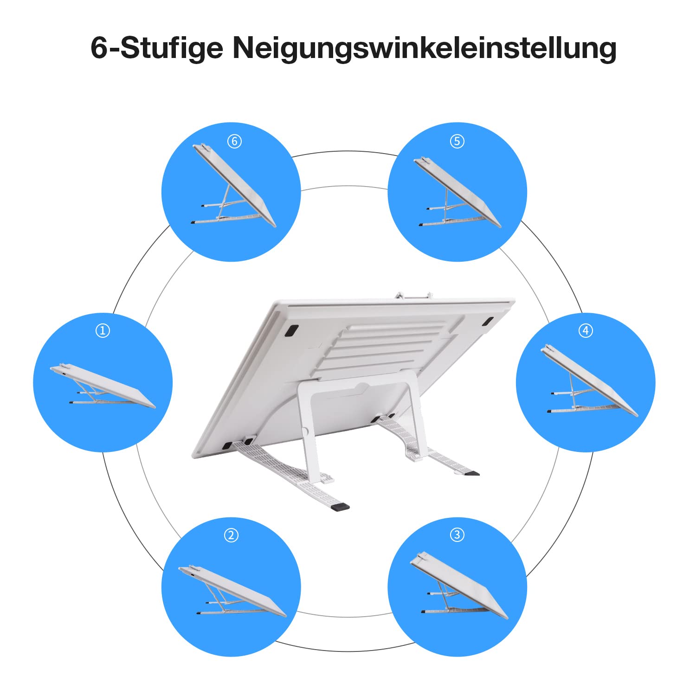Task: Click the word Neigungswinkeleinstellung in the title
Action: (x=424, y=48)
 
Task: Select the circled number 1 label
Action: (x=103, y=331)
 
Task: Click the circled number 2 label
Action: (x=231, y=535)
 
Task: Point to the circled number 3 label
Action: (x=457, y=535)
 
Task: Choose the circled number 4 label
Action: (x=586, y=330)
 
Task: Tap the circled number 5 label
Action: (x=457, y=141)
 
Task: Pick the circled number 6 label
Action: (x=234, y=141)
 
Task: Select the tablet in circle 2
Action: (x=232, y=590)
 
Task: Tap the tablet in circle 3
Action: (x=459, y=586)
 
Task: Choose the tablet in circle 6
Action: (x=234, y=186)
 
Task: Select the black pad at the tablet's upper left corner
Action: (x=292, y=331)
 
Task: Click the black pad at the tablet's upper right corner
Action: (x=488, y=322)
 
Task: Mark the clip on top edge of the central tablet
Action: (x=414, y=295)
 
